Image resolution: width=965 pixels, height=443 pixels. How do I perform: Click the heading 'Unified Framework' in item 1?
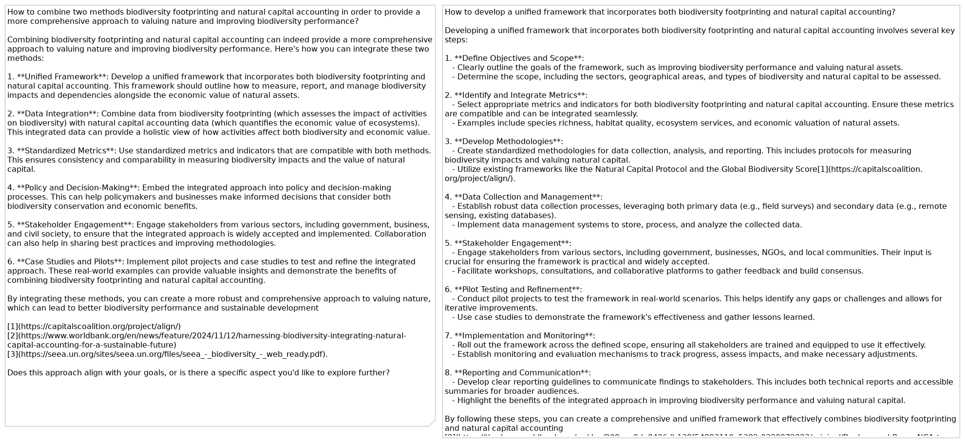click(x=61, y=77)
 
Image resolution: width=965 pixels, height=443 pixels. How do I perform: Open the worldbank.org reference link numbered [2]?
click(x=207, y=336)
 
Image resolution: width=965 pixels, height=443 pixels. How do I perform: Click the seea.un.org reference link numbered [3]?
click(x=167, y=354)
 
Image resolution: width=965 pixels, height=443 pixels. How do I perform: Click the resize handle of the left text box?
click(x=432, y=423)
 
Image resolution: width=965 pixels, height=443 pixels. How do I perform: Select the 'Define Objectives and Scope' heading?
click(x=519, y=58)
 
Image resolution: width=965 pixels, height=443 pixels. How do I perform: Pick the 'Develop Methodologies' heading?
click(x=508, y=142)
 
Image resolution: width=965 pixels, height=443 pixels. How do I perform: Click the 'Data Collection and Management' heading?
click(x=528, y=197)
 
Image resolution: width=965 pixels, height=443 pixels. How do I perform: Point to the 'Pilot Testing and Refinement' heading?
click(x=518, y=290)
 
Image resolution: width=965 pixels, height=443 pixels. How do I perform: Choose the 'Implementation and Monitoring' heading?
click(x=524, y=336)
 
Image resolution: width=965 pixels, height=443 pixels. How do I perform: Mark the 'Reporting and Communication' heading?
click(x=522, y=373)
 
